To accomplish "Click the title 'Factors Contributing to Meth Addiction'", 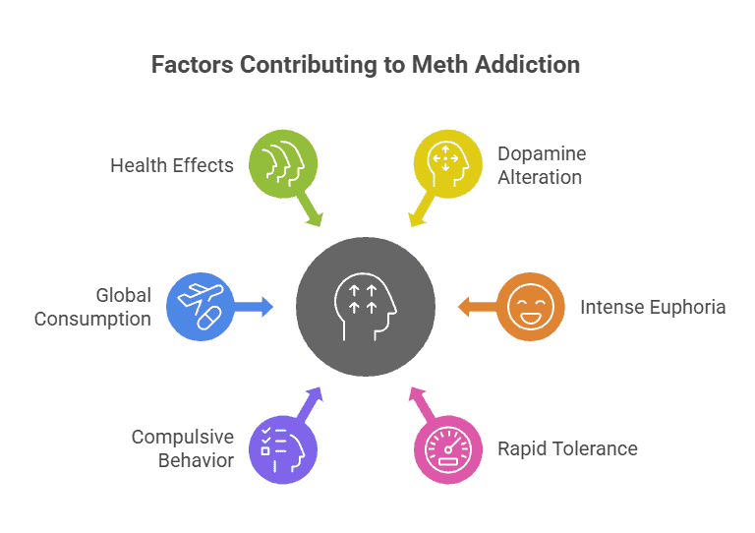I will point(365,65).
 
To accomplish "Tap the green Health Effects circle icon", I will point(282,163).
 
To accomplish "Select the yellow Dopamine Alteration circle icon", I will point(447,163).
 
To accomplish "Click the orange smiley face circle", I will point(530,306).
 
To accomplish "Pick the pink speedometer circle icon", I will point(447,449).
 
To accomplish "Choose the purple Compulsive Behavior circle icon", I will point(282,449).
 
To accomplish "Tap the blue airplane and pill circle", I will point(200,306).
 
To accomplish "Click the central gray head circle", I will point(366,306).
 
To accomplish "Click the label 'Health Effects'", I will point(172,164).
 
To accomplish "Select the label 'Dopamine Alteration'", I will point(541,164).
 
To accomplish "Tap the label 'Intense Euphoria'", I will point(652,306).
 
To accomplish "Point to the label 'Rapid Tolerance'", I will point(566,448).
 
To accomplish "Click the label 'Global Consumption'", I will point(93,306).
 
